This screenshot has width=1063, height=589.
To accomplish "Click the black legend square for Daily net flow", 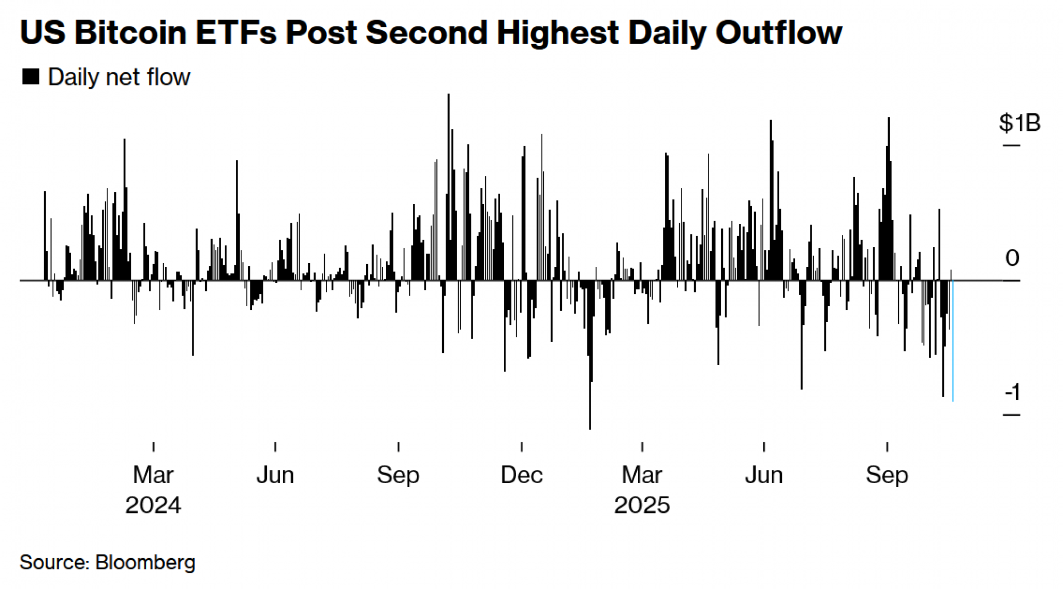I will [31, 77].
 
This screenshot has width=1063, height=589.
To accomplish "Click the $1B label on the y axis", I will [1019, 123].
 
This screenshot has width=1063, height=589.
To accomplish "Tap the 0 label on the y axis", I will [1012, 258].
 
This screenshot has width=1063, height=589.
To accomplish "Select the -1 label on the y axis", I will [1013, 392].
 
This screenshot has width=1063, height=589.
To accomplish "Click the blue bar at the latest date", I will [952, 340].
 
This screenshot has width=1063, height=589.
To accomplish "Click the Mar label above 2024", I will [153, 475].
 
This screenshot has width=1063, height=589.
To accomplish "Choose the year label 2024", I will [153, 505].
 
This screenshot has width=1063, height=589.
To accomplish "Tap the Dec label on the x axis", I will [521, 475].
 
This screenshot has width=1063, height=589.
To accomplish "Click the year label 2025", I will [642, 505].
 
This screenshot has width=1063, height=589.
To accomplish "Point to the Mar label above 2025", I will [642, 475].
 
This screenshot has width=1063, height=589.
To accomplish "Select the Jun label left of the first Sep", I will [275, 475].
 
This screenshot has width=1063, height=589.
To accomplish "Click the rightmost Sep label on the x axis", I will [887, 475].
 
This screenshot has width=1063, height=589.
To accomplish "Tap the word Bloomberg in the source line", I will [145, 562].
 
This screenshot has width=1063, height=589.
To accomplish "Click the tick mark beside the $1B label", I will [1011, 145].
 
